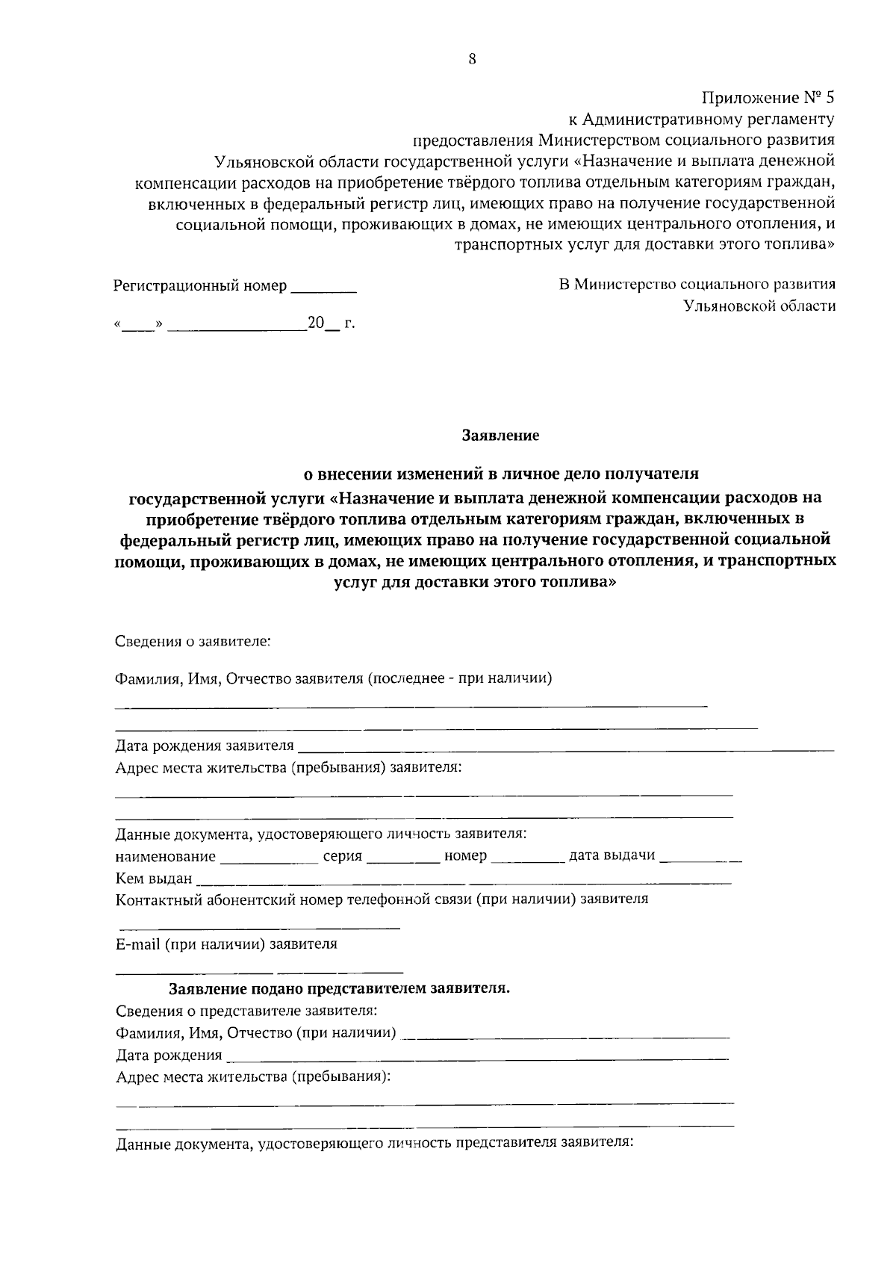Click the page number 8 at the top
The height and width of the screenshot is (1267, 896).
coord(472,61)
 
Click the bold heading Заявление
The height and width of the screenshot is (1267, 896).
coord(500,435)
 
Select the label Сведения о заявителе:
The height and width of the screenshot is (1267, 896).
coord(193,641)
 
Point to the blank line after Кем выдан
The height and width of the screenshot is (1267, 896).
coord(463,881)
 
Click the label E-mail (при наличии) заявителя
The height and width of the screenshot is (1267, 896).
coord(226,944)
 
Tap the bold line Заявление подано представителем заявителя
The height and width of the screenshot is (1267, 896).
coord(340,989)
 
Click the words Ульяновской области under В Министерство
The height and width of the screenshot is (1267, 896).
coord(759,306)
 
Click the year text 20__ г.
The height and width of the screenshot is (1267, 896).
coord(331,323)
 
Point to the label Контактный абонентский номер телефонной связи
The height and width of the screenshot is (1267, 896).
coord(382,899)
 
